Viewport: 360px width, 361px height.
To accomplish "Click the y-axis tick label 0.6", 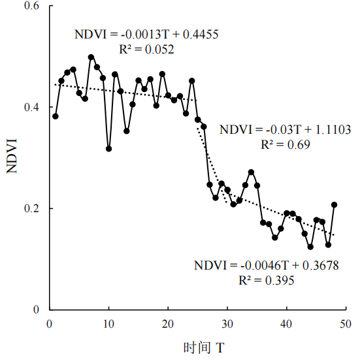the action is click(x=32, y=5).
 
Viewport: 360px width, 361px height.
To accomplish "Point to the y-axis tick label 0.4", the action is click(x=32, y=107).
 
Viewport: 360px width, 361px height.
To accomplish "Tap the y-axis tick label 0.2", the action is click(x=32, y=208).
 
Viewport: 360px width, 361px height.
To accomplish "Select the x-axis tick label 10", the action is click(x=108, y=324).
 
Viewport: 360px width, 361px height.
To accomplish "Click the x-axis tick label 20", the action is click(x=168, y=324).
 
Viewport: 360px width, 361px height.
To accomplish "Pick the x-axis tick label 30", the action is click(x=227, y=324).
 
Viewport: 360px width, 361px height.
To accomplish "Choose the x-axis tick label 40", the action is click(x=286, y=324).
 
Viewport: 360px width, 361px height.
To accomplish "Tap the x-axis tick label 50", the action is click(x=346, y=324).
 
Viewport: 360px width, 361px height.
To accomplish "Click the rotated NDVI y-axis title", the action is click(x=12, y=156).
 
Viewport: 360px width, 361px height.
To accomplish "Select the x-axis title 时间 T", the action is click(x=204, y=348).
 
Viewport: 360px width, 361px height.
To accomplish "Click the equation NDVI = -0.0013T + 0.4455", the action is click(x=146, y=35).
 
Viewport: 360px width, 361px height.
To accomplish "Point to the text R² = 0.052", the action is click(x=146, y=49).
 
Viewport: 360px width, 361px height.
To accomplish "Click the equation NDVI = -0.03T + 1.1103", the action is click(x=285, y=130).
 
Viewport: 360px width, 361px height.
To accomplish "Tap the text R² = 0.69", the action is click(x=286, y=144).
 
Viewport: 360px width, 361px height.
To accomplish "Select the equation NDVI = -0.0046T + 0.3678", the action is click(x=267, y=266).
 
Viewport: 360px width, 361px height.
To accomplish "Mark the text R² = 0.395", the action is click(x=267, y=281).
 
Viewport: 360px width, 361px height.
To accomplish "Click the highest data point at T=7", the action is click(x=91, y=57).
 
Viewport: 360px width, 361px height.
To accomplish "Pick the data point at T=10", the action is click(x=108, y=149).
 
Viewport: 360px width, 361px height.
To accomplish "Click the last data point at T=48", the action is click(x=334, y=205).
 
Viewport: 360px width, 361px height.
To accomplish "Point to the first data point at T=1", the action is click(x=56, y=116).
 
